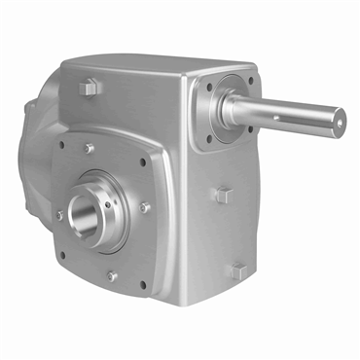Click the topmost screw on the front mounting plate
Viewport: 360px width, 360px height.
click(89, 148)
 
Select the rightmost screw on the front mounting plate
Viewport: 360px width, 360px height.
click(146, 206)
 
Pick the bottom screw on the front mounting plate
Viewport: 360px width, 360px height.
click(112, 275)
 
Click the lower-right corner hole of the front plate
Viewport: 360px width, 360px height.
click(144, 285)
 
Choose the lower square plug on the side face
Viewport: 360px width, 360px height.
click(234, 272)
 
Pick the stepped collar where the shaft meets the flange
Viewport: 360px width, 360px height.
click(236, 109)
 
